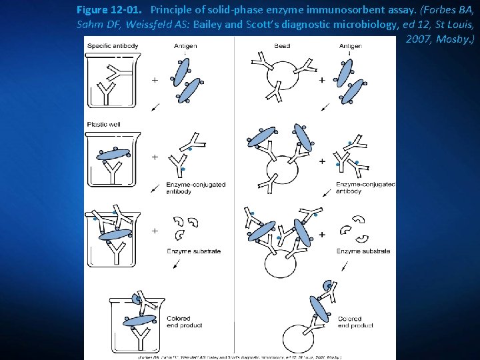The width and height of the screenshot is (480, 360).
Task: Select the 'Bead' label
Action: coord(283,47)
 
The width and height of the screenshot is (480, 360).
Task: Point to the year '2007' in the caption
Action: coord(419,39)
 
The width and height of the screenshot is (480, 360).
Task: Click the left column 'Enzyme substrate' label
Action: coord(193,251)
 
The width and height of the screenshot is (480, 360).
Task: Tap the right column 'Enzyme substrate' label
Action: coord(363,251)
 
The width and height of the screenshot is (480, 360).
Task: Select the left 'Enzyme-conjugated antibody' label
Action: coord(195,188)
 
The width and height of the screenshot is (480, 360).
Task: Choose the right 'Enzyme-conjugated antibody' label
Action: coord(365,187)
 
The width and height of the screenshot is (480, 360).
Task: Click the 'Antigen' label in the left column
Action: coord(185,47)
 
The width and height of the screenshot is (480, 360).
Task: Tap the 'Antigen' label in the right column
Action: coord(351,47)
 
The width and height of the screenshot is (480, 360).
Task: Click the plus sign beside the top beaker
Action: coord(155,80)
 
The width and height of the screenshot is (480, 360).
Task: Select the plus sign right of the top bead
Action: coord(322,80)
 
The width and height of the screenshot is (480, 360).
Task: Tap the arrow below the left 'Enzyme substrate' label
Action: coord(176,265)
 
